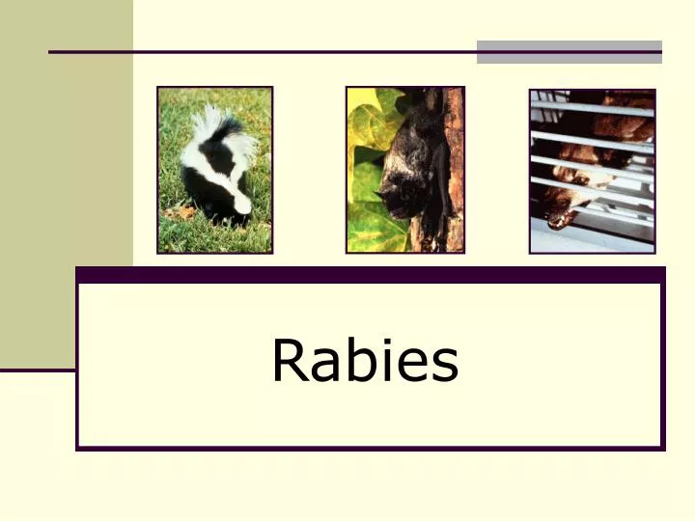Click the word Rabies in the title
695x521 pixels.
coord(365,361)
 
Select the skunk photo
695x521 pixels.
coord(215,170)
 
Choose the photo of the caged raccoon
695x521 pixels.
coord(592,171)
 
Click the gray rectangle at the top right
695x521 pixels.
coord(569,52)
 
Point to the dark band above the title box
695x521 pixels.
coord(370,275)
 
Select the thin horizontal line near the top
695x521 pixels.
coord(261,51)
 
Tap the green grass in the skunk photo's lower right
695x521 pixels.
coord(259,236)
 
